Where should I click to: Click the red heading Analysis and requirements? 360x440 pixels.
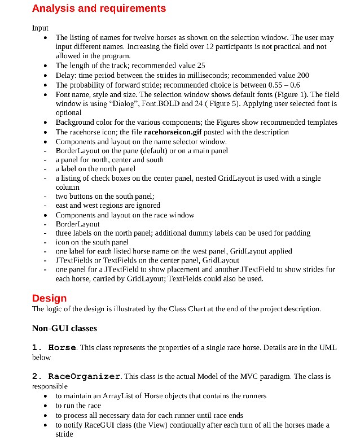coord(99,8)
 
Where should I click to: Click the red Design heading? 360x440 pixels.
coord(49,298)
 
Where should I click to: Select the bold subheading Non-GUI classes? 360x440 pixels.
coord(64,328)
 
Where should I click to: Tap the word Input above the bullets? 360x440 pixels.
coord(40,28)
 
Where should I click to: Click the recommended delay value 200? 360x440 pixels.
coord(303,75)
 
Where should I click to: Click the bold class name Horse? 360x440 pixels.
coord(62,347)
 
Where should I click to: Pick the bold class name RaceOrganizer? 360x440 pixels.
coord(84,376)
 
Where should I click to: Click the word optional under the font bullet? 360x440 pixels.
coord(68,113)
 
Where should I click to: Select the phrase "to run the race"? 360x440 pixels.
coord(79,406)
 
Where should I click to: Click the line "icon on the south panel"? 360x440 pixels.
coord(92,242)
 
